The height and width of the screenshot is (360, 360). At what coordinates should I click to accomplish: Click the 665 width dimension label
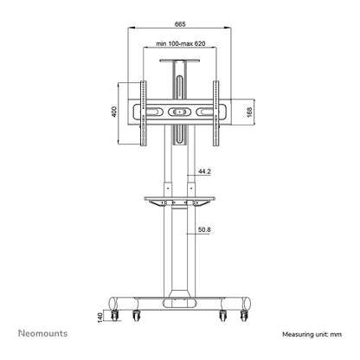tap(180, 24)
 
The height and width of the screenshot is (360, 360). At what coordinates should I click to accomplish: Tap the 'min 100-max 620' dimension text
tap(181, 43)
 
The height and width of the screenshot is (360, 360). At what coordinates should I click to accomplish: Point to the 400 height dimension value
tap(114, 112)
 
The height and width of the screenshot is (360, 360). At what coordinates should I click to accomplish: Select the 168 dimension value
tap(249, 112)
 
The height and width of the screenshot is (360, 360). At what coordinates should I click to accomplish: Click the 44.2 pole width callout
tap(204, 171)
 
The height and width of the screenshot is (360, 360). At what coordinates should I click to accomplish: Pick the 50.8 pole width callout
tap(204, 229)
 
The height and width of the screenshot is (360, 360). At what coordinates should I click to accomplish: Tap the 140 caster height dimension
tap(100, 317)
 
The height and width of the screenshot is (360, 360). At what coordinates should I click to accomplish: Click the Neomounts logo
tap(42, 333)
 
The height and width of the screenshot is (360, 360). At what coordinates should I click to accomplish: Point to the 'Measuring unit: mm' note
tap(312, 334)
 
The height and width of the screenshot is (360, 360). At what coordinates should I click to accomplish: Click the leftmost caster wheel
tap(115, 315)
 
